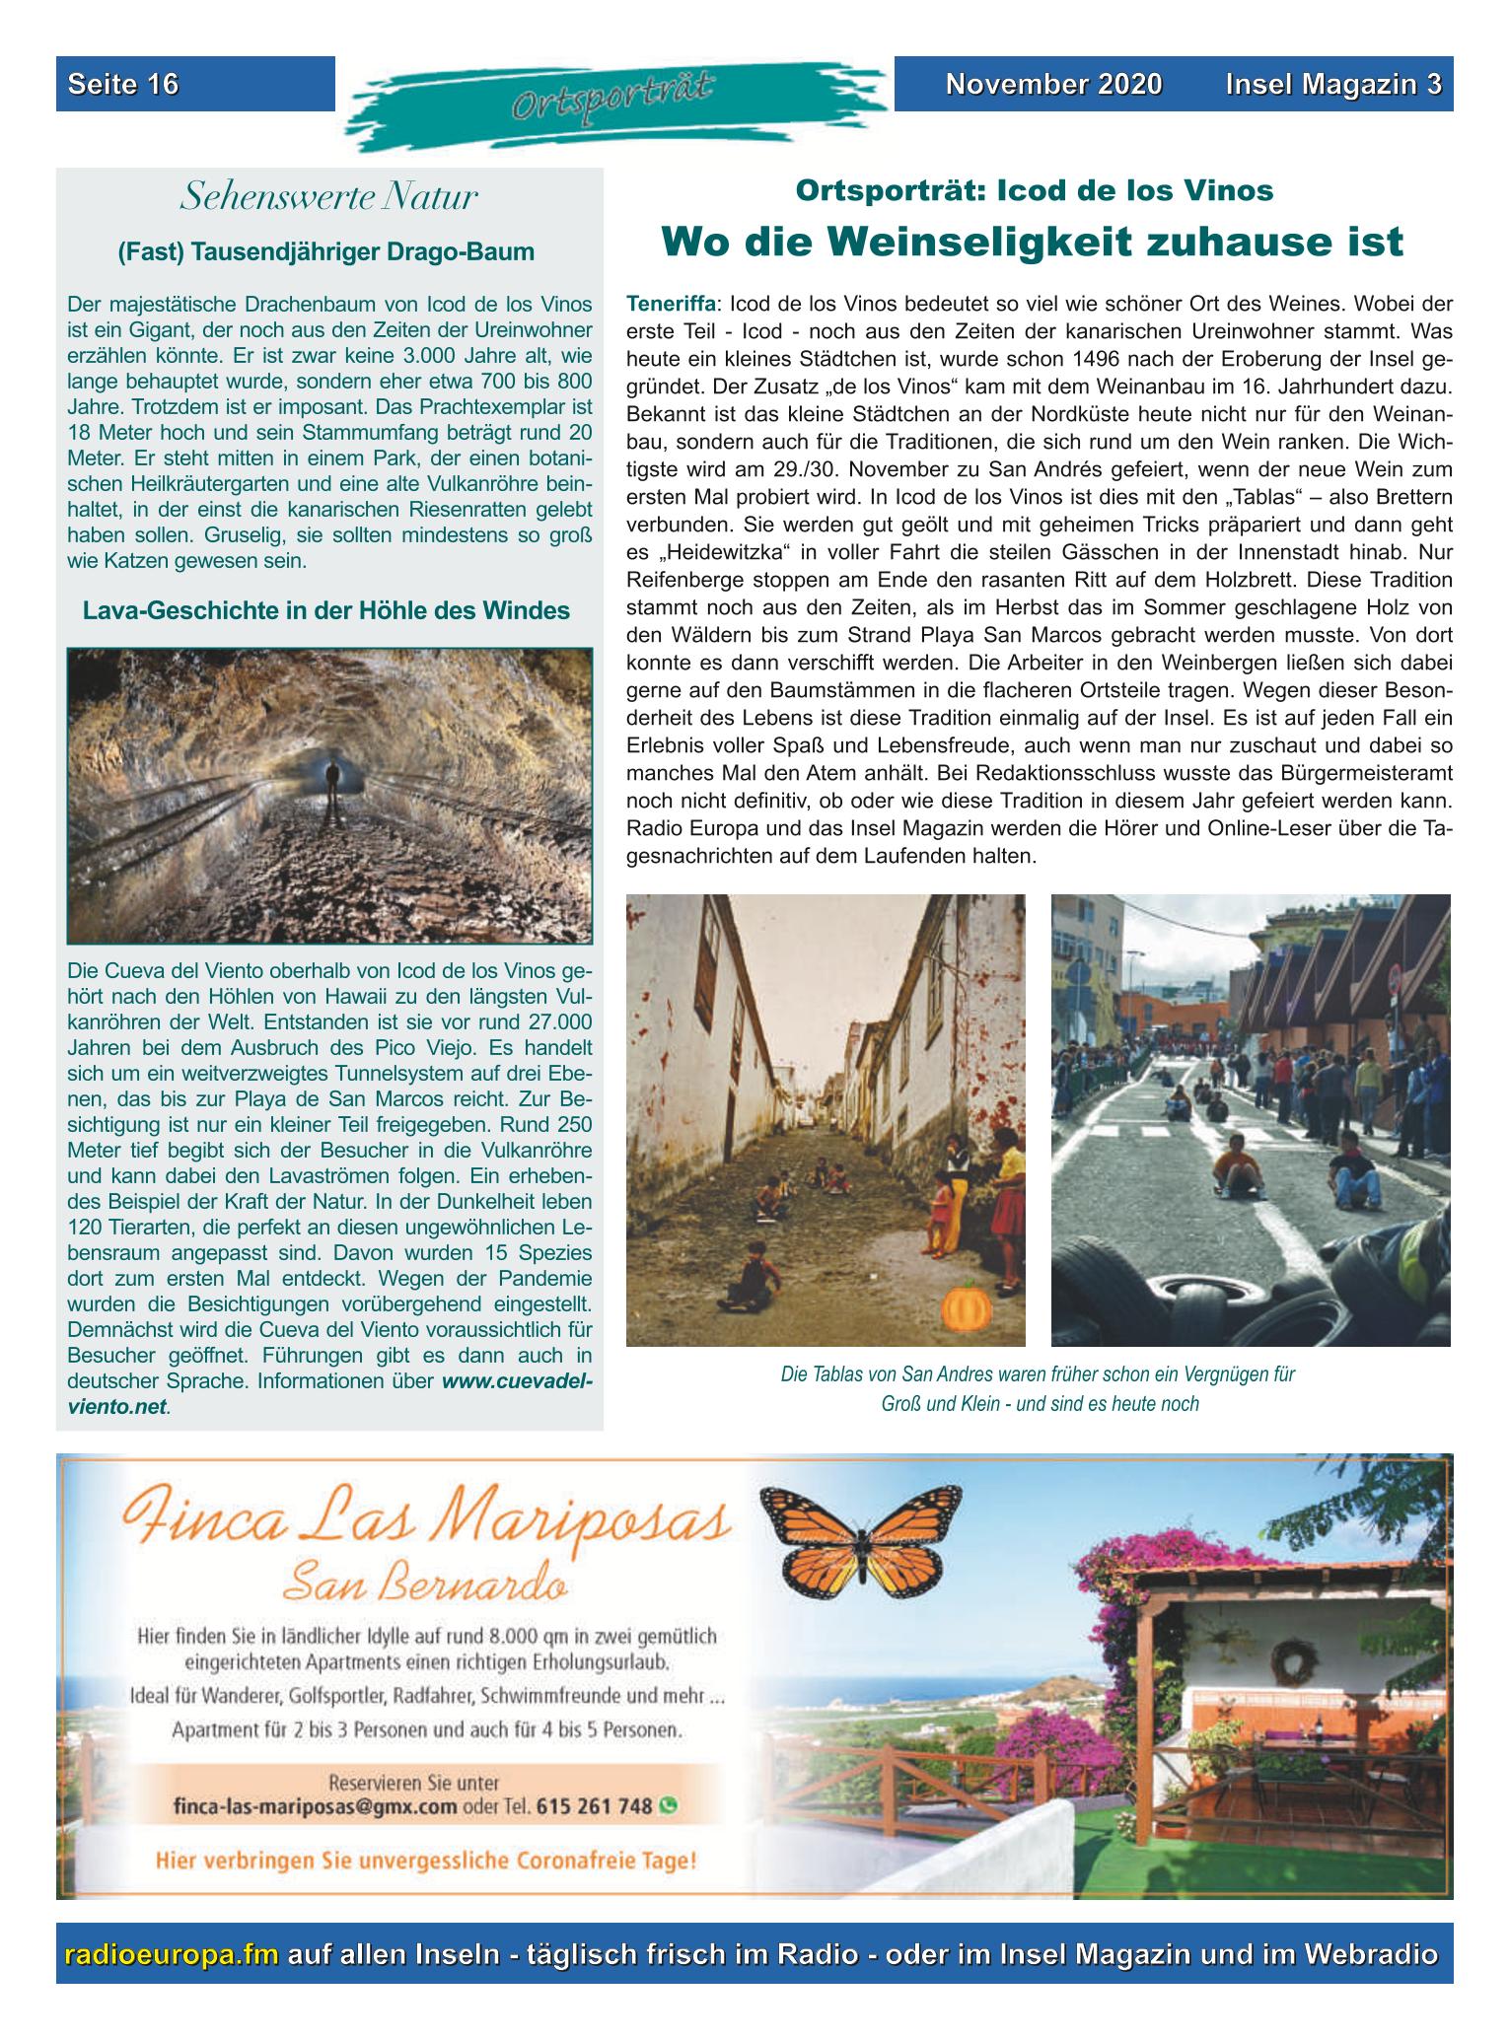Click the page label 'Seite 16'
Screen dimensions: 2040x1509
click(123, 85)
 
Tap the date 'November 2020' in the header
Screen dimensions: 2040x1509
click(1053, 85)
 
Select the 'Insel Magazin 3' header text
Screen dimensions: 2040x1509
click(1333, 85)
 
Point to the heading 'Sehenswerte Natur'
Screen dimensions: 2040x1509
click(328, 198)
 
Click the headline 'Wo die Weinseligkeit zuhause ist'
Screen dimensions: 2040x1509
click(1032, 242)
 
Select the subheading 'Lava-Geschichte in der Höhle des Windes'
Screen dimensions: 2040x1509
click(326, 610)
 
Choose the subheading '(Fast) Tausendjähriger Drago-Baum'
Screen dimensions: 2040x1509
click(326, 252)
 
